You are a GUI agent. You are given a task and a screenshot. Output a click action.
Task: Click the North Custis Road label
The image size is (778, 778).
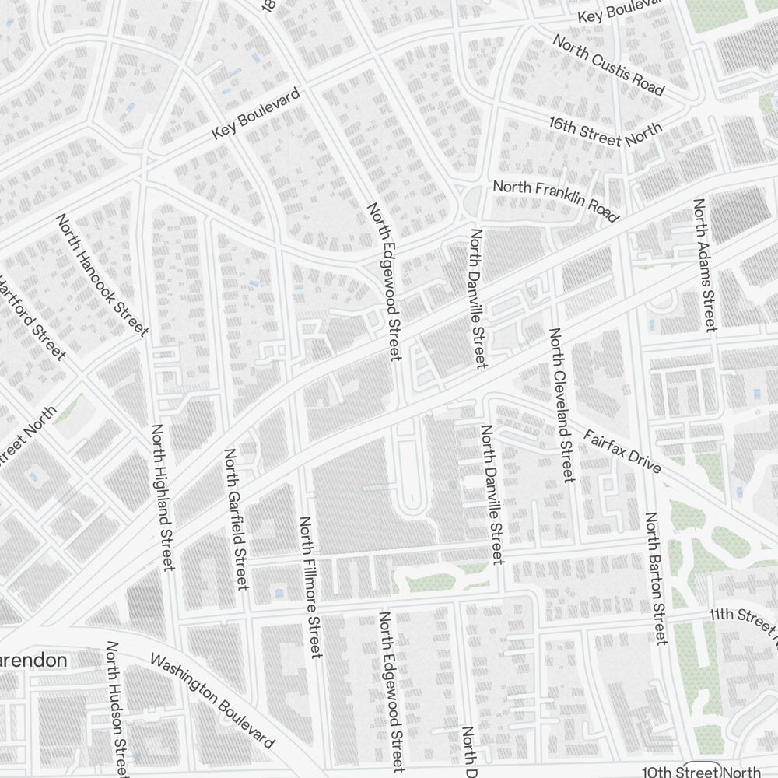click(x=608, y=65)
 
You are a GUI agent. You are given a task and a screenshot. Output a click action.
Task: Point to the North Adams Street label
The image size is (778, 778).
click(x=704, y=265)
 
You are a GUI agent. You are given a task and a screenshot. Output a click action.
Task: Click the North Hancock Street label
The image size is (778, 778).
click(x=102, y=275)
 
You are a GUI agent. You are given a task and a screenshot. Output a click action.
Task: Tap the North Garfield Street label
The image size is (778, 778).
click(x=236, y=518)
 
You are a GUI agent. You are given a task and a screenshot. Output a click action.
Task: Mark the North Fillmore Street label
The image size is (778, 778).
click(x=310, y=587)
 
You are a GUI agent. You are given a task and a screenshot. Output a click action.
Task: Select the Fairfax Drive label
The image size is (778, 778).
click(x=622, y=451)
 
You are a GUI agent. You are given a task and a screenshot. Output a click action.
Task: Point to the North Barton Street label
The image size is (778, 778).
click(x=654, y=578)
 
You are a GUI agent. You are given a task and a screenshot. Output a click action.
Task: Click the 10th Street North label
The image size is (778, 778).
click(x=700, y=771)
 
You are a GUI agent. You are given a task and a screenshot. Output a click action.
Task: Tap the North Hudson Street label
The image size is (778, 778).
click(x=117, y=708)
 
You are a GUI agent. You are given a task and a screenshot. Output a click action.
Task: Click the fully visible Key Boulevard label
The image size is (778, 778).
click(x=255, y=115)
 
